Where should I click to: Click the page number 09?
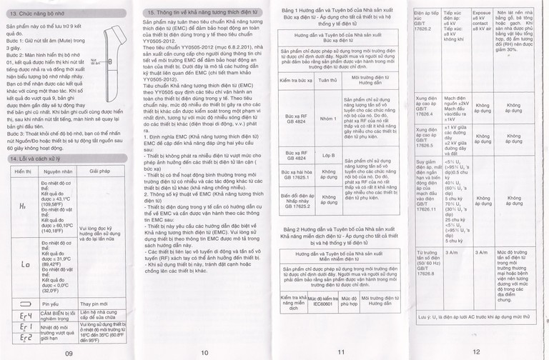(69, 352)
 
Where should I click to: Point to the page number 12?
(476, 351)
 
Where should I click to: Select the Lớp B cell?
(327, 156)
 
